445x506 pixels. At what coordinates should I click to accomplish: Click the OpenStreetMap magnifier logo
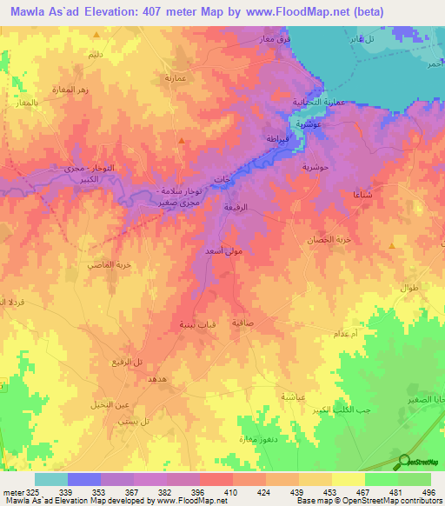pyautogui.click(x=403, y=461)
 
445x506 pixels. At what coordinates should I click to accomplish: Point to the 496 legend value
pyautogui.click(x=427, y=493)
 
